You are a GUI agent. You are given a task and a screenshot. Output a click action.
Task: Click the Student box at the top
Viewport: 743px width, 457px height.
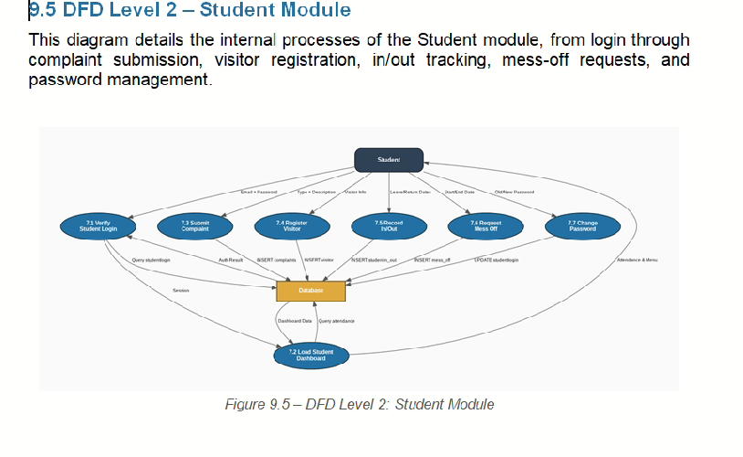(x=389, y=160)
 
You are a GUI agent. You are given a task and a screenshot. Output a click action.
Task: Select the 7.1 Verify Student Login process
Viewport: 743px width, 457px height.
(x=96, y=226)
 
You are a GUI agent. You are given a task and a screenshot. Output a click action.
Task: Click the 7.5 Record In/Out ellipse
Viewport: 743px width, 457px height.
(x=388, y=226)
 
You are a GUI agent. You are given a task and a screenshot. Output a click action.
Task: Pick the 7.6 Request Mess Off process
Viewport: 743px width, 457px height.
(x=486, y=226)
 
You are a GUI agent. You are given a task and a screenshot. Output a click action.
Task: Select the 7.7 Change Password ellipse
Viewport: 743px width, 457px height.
(x=582, y=226)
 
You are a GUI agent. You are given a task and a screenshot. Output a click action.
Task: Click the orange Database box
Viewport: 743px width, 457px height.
(x=310, y=291)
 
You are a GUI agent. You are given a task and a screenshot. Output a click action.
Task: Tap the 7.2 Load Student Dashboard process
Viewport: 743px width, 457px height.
(x=310, y=355)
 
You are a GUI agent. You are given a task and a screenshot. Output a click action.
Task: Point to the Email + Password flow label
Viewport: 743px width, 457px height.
(x=258, y=192)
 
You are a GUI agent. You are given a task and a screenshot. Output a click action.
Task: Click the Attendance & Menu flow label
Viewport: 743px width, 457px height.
(x=637, y=260)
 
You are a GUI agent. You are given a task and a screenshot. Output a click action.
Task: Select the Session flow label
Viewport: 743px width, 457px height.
(x=181, y=291)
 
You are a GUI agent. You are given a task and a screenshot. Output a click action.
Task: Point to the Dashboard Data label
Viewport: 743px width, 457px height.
(x=295, y=322)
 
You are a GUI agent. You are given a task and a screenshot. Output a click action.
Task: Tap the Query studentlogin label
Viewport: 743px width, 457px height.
(x=151, y=260)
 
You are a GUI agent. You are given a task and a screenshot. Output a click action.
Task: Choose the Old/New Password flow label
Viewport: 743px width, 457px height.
(x=514, y=192)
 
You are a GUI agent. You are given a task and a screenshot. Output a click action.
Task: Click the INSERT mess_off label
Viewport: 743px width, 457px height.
(x=433, y=260)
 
